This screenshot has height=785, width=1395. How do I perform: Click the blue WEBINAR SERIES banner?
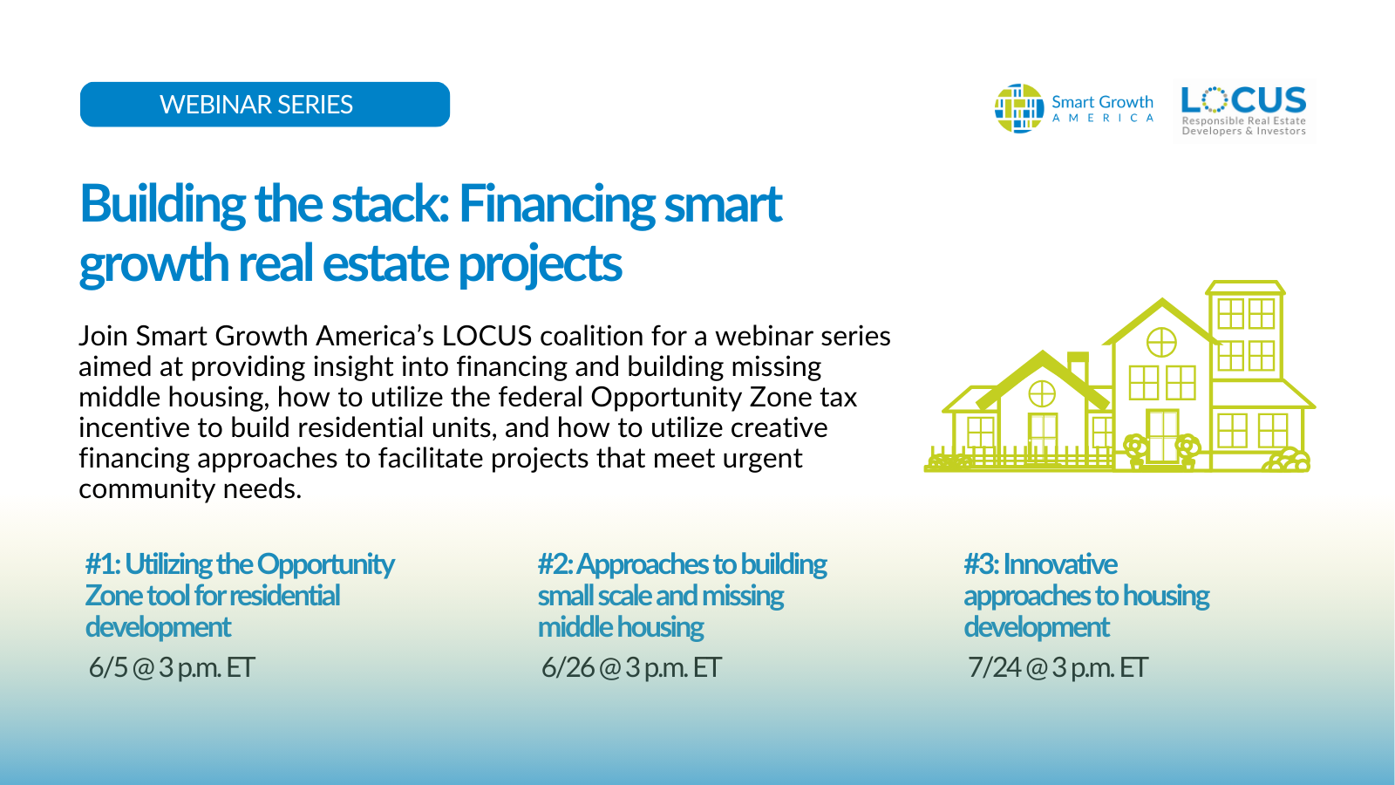[x=264, y=105]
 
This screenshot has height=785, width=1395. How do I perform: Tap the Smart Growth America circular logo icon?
[x=1018, y=108]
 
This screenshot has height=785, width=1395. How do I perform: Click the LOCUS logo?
[x=1243, y=110]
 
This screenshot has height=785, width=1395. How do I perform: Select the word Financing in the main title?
[x=557, y=204]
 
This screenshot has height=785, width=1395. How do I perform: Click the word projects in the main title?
[x=540, y=263]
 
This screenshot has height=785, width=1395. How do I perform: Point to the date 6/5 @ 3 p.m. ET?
[x=172, y=667]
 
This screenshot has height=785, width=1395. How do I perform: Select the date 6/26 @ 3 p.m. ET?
[x=631, y=667]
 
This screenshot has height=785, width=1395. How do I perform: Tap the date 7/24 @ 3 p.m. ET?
[x=1058, y=667]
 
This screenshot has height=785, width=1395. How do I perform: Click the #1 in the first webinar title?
[x=102, y=564]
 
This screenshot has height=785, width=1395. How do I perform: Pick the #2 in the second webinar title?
[x=555, y=564]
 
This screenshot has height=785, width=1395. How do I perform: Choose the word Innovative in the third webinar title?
[x=1060, y=564]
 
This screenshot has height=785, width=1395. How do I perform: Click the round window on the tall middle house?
[x=1161, y=342]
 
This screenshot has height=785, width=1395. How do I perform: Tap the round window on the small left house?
[x=1042, y=394]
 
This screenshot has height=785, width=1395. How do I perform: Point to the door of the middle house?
[x=1162, y=435]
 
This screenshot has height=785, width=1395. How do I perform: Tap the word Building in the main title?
[x=162, y=204]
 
